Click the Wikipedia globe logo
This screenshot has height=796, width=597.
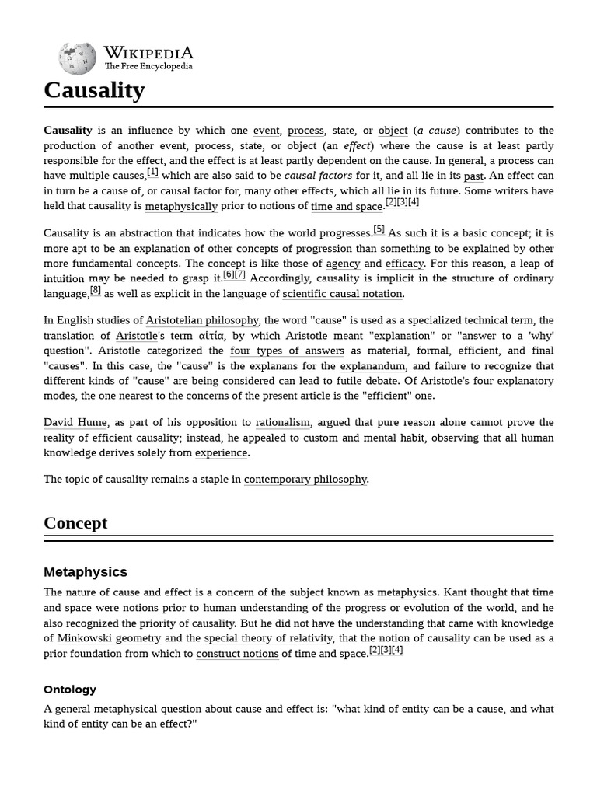coord(77,58)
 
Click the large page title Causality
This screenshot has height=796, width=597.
coord(94,90)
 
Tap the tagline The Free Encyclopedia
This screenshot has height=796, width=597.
coord(148,67)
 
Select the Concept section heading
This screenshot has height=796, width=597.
coord(75,522)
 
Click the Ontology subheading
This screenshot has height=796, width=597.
coord(70,689)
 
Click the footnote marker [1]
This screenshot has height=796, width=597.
coord(152,173)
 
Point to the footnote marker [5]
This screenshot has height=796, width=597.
coord(379,229)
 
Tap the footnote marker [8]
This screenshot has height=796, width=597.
coord(96,290)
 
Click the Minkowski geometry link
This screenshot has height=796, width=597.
coord(109,638)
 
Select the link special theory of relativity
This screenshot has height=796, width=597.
coord(269,638)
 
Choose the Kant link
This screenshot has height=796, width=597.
coord(455,592)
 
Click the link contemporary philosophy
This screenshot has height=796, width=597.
coord(305,479)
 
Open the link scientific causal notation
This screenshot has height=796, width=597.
coord(342,294)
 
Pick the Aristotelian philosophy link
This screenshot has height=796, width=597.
coord(202,320)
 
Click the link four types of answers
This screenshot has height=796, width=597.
coord(287,351)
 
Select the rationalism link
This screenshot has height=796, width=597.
coord(283,422)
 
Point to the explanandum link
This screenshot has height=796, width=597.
coord(373,366)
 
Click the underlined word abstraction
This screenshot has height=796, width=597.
coord(146,233)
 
